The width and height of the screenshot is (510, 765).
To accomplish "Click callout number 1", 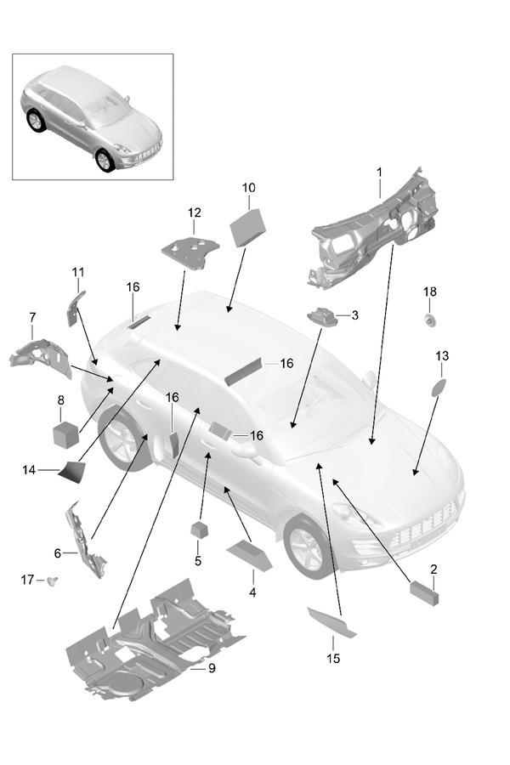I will click(x=379, y=173).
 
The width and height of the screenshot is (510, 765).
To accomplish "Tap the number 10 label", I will click(x=248, y=187).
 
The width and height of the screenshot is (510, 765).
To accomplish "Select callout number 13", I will click(x=442, y=355).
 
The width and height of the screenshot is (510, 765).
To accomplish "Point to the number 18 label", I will click(x=430, y=292).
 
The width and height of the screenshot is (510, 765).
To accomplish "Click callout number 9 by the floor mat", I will click(x=212, y=668).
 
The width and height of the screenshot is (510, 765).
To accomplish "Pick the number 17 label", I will click(x=27, y=580).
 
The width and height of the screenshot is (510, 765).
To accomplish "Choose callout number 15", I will click(x=333, y=658).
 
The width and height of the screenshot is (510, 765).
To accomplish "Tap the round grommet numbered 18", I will click(x=430, y=320).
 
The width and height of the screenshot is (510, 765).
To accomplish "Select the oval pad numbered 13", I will click(x=439, y=388).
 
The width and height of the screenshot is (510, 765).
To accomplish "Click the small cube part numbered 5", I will click(x=200, y=530).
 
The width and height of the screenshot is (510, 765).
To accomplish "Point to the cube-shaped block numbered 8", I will click(x=66, y=434).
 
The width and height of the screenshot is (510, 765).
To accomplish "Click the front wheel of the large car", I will click(x=306, y=544).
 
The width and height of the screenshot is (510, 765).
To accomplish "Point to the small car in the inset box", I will click(x=92, y=119).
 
